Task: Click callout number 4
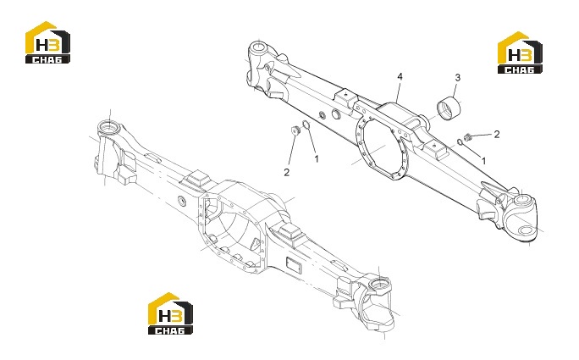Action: tap(400, 76)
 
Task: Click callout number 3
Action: tap(457, 78)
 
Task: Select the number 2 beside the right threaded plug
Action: tap(497, 134)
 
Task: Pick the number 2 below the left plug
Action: tap(287, 172)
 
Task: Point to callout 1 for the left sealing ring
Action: tap(316, 159)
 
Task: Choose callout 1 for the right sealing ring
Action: tap(483, 161)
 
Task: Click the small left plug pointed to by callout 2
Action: tap(295, 130)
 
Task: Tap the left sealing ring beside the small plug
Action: tap(306, 125)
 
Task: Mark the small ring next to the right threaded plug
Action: tap(460, 141)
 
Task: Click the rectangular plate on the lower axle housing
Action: tap(294, 266)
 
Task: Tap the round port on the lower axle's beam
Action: tap(182, 201)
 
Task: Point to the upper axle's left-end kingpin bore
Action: tap(258, 47)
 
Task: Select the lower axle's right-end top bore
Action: tap(379, 285)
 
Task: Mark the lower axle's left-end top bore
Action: tap(108, 127)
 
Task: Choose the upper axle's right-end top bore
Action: tap(522, 202)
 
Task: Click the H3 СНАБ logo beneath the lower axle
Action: tap(171, 313)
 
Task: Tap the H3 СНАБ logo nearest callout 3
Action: tap(521, 53)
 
